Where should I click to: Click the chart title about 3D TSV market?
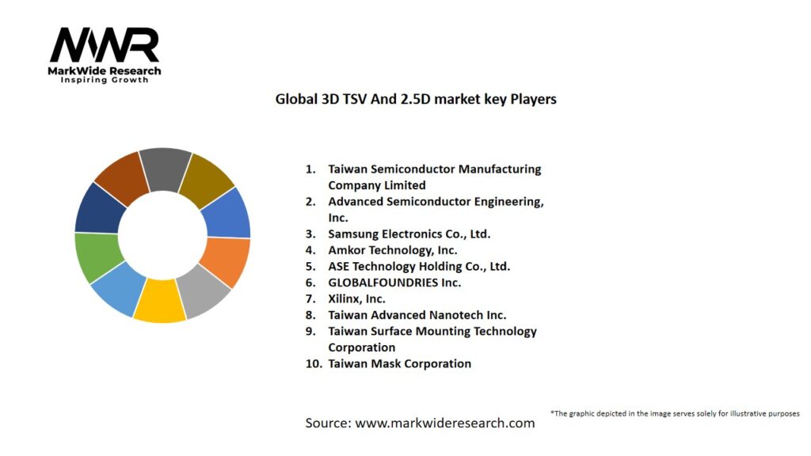pyautogui.click(x=415, y=100)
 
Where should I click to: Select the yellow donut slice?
pyautogui.click(x=159, y=302)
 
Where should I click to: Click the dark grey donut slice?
pyautogui.click(x=166, y=169)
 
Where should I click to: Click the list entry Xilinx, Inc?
pyautogui.click(x=356, y=298)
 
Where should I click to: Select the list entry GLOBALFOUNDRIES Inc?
pyautogui.click(x=394, y=283)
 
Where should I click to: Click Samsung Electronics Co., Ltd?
pyautogui.click(x=409, y=234)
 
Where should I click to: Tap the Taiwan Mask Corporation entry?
pyautogui.click(x=399, y=364)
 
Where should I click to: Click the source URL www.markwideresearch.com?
pyautogui.click(x=444, y=423)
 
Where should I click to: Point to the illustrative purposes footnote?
pyautogui.click(x=675, y=413)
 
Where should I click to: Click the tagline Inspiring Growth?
pyautogui.click(x=105, y=80)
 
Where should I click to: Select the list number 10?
pyautogui.click(x=314, y=364)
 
